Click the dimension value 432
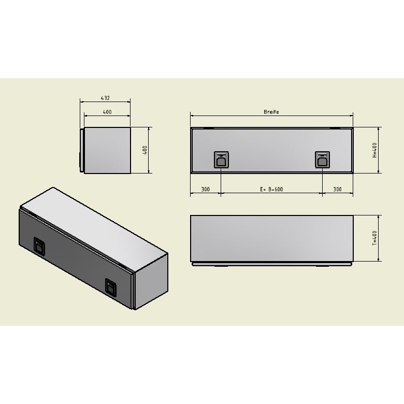[105, 97]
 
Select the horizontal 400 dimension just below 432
[107, 112]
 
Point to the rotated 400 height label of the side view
[146, 150]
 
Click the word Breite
[271, 112]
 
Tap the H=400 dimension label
[374, 150]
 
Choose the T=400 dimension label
[374, 238]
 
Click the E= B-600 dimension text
[271, 190]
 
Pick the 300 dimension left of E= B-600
[205, 190]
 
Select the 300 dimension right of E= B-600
[337, 190]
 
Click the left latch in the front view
[221, 160]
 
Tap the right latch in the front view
[322, 160]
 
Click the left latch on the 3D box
[39, 246]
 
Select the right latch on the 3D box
[111, 286]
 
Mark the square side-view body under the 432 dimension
[107, 150]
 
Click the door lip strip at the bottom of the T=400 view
[272, 264]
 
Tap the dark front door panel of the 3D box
[75, 259]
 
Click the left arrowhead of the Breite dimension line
[192, 116]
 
